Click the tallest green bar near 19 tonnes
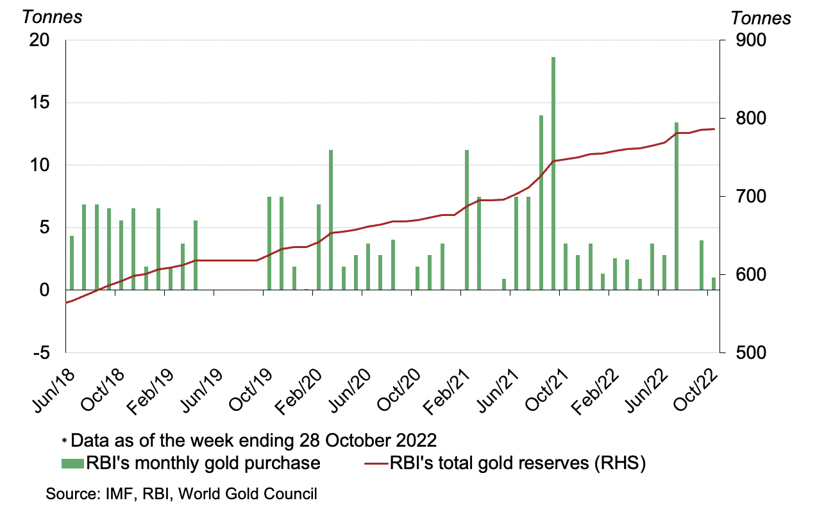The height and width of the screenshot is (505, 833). coord(553,173)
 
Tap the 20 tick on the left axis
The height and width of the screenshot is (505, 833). coord(39,40)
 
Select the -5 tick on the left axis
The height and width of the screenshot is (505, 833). coord(40,352)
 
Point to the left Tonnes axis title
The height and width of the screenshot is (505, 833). coord(52,17)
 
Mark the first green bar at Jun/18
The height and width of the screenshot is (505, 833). coord(72,263)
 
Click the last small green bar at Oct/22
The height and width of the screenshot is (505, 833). coord(713,283)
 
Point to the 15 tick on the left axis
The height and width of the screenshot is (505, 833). coord(39,103)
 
